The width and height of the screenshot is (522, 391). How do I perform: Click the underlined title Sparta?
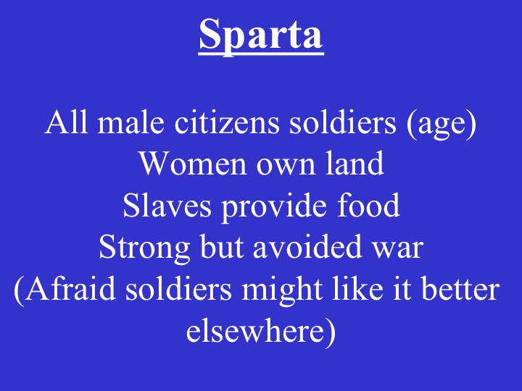261,35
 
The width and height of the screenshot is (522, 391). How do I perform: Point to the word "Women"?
183,165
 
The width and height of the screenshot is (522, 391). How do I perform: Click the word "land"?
349,165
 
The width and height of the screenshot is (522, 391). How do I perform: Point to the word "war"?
399,248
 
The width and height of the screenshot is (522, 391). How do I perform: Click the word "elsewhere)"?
261,332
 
